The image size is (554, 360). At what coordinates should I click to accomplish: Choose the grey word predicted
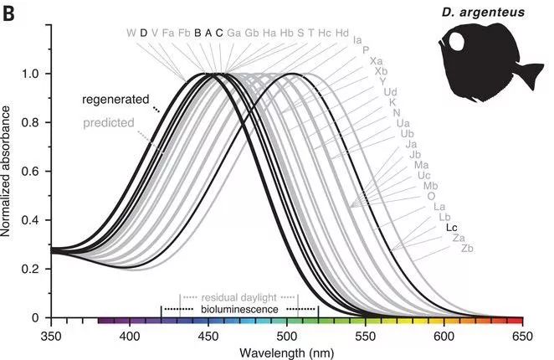click(x=109, y=123)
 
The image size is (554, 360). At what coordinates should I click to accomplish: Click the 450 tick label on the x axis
click(x=208, y=334)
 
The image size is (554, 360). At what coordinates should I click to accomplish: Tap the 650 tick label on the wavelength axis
click(x=522, y=334)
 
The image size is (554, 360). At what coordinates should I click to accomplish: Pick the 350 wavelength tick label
click(x=52, y=334)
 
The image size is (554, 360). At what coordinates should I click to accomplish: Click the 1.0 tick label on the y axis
click(x=31, y=74)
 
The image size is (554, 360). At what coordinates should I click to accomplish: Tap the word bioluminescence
click(x=239, y=310)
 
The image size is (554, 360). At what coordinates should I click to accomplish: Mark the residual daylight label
click(x=239, y=298)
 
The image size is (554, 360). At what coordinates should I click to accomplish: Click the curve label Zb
click(x=468, y=249)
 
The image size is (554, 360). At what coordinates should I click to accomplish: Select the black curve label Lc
click(x=452, y=228)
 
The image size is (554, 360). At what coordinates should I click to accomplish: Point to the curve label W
click(x=131, y=33)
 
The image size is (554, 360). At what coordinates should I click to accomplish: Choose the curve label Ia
click(x=357, y=39)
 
